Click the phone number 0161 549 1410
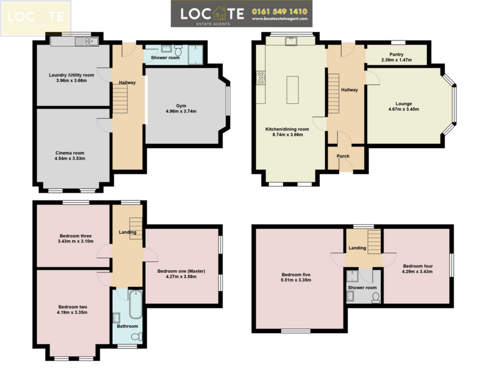(x=279, y=12)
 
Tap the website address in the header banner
(x=279, y=19)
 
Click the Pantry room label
(x=396, y=54)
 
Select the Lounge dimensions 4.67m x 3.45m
(x=403, y=109)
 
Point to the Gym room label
(x=181, y=106)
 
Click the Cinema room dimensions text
(x=70, y=158)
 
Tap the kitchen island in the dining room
(x=293, y=90)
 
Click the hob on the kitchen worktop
(x=261, y=78)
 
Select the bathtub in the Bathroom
(x=136, y=304)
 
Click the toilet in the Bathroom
(x=137, y=337)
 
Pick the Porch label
(x=343, y=156)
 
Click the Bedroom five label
(x=296, y=275)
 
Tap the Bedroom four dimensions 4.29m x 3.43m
(x=417, y=271)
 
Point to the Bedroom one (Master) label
(x=181, y=271)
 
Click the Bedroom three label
(x=75, y=236)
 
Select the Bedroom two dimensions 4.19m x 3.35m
(x=72, y=312)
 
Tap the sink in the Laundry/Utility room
(x=87, y=41)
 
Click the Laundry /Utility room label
(x=71, y=75)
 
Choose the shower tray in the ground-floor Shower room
(x=195, y=55)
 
